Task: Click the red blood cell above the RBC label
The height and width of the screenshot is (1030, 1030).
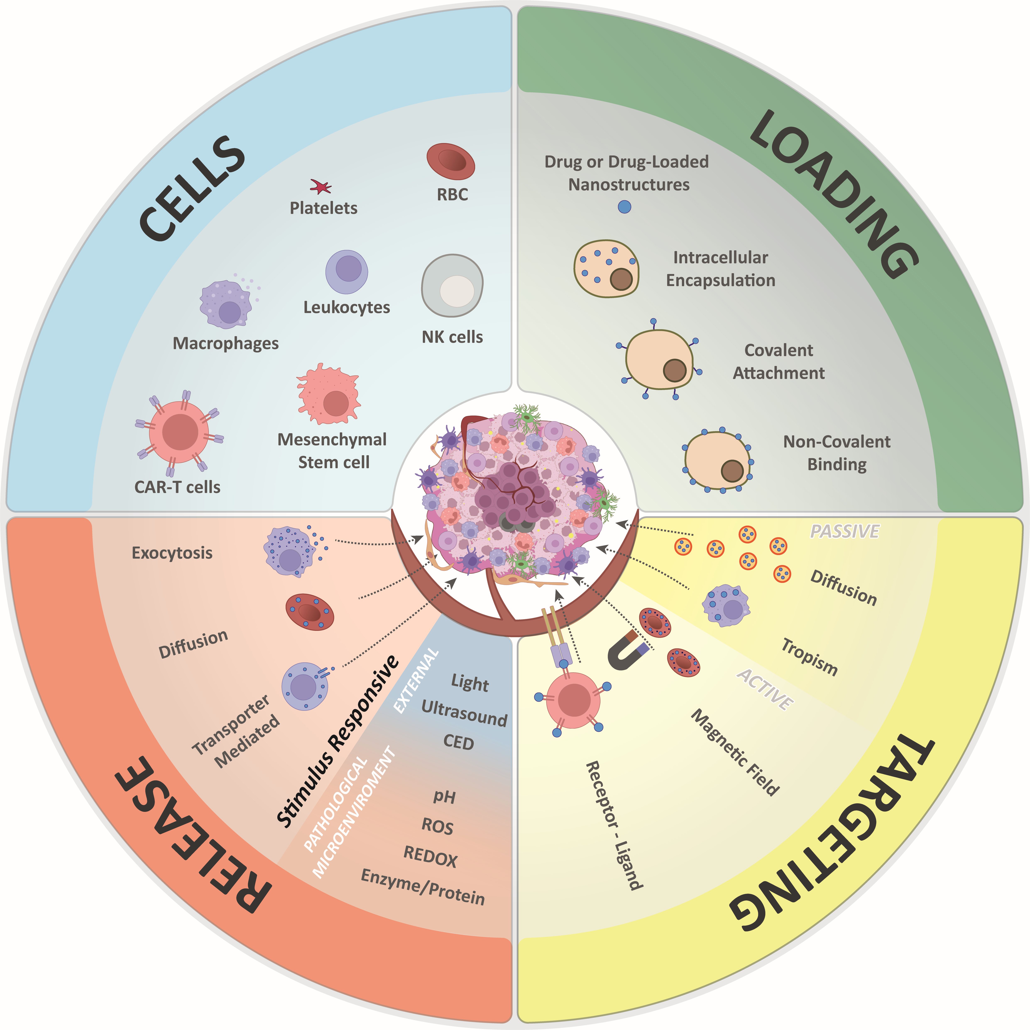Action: [x=450, y=161]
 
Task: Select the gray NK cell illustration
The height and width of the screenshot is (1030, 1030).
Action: [x=452, y=286]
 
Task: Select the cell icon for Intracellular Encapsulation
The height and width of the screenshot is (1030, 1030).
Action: [x=606, y=268]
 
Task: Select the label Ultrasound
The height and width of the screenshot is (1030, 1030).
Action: [x=464, y=713]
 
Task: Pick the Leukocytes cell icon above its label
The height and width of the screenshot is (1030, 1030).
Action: [x=346, y=272]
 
